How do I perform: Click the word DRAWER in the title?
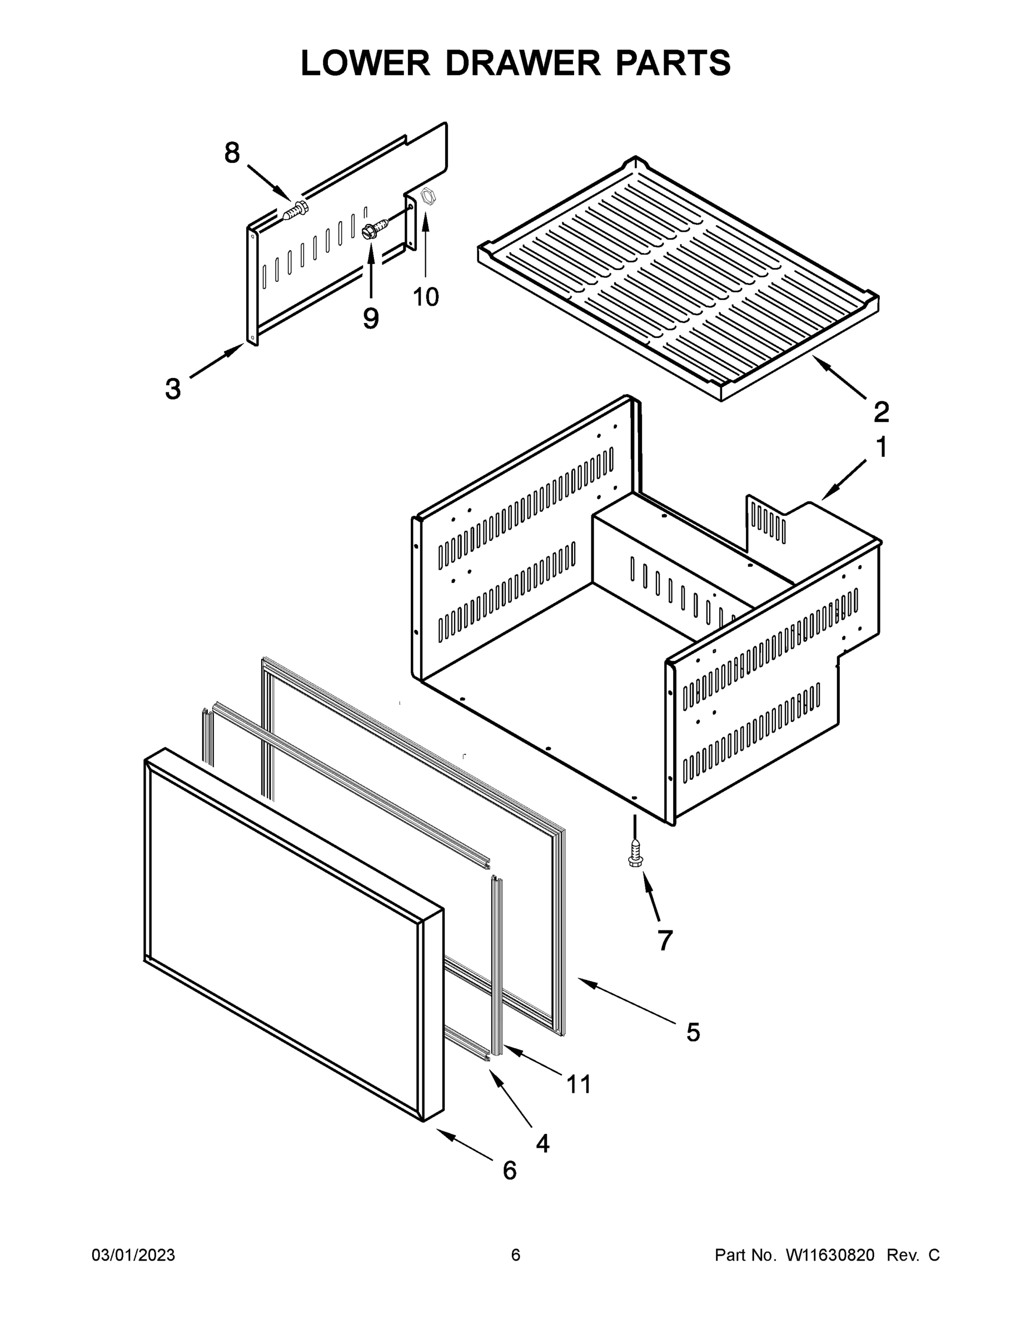pos(523,63)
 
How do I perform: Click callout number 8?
pos(232,152)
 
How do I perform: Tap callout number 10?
pos(426,297)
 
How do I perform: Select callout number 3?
pos(173,389)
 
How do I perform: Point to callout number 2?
pos(881,412)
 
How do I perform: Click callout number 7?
pos(665,940)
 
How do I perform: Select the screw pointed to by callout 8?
pos(296,211)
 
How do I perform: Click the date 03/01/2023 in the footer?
pos(133,1255)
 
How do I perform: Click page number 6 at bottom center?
pos(516,1255)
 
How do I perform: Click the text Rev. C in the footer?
pos(913,1255)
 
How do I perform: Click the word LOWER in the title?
pos(365,63)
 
